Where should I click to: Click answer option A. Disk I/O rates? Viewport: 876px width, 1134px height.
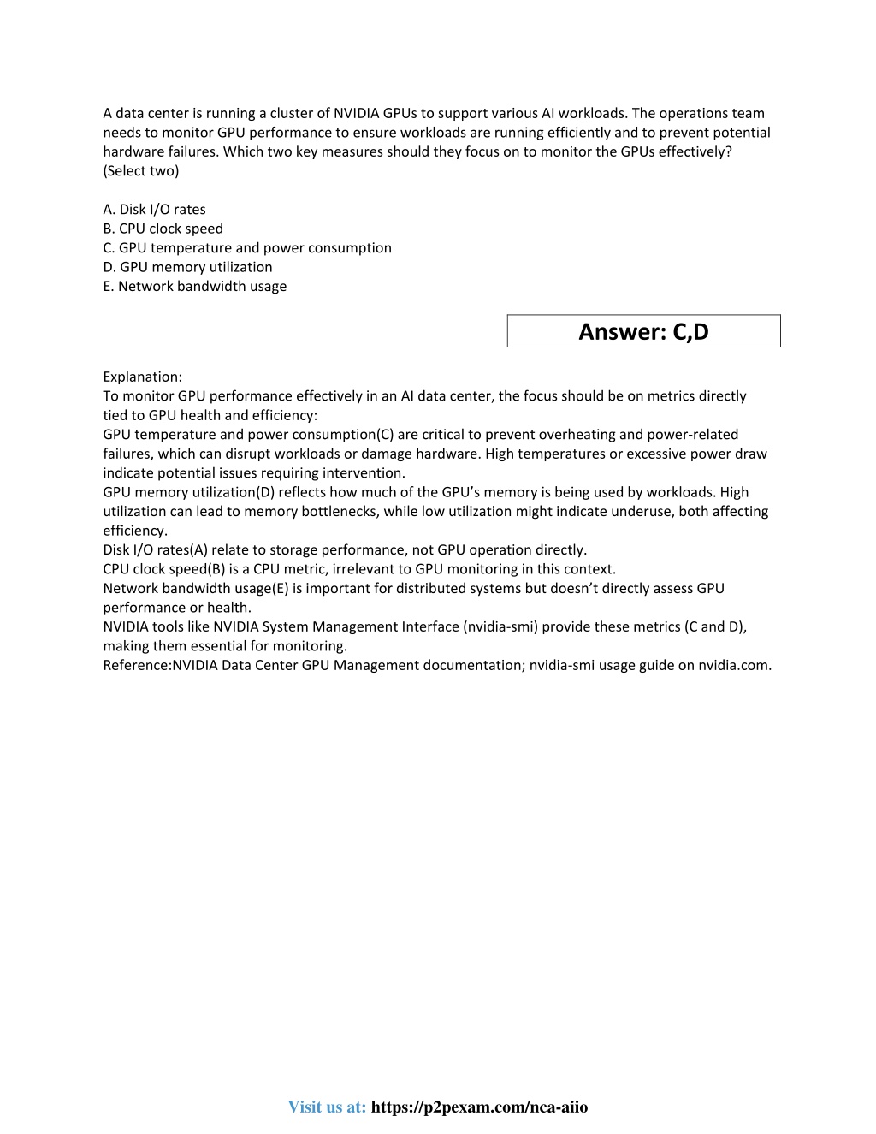154,210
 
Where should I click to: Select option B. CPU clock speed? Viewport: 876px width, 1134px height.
163,229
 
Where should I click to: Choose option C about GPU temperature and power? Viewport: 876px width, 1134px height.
247,248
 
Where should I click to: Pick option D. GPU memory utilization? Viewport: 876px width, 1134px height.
187,267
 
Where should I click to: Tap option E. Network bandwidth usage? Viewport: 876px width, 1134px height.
194,287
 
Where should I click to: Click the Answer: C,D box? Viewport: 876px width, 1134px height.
643,331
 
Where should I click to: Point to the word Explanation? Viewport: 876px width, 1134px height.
142,377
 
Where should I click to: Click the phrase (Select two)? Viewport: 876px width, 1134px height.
141,171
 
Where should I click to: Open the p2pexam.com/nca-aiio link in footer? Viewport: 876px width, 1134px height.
479,1107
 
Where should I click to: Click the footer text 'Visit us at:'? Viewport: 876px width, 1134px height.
327,1107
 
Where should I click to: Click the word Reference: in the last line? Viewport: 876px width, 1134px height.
137,665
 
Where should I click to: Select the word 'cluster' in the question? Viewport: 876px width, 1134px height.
281,113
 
